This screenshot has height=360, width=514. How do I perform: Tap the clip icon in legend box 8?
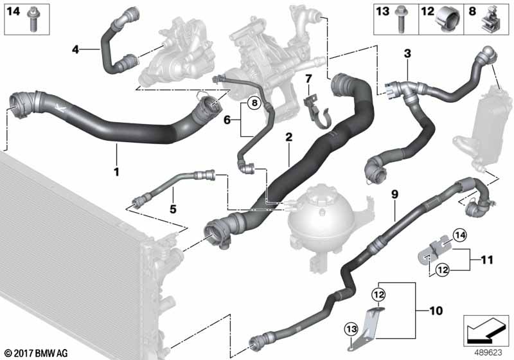[489, 21]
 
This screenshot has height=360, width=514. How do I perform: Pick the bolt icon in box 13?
[400, 19]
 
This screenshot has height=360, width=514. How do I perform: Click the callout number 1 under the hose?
[116, 172]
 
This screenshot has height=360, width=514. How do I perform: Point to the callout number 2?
[288, 137]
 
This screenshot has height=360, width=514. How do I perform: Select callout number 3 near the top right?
[407, 53]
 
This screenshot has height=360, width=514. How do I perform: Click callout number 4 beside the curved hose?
[76, 50]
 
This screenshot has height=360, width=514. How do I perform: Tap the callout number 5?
[173, 208]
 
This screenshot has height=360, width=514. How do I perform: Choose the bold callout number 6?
[227, 120]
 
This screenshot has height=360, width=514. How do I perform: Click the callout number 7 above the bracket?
[308, 78]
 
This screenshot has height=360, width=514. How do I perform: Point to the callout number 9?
[394, 194]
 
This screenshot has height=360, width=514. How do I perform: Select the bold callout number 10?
[436, 310]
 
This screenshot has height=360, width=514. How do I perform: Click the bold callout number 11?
[487, 260]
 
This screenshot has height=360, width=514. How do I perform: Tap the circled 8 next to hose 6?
[254, 104]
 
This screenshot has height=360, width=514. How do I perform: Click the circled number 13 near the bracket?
[351, 329]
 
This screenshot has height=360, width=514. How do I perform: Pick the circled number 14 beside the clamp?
[459, 235]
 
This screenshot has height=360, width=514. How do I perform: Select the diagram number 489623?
[488, 352]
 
